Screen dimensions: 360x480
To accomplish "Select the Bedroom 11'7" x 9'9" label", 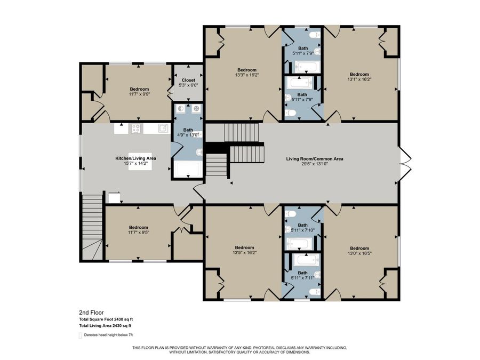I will tap(139, 92).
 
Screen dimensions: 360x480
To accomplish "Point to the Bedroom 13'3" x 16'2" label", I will tap(247, 73).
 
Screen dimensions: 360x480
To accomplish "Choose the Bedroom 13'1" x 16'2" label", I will tap(359, 76).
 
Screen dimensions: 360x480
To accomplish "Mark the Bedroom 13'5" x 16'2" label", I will tap(245, 250).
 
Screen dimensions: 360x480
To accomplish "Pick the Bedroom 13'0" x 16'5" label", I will tap(359, 251).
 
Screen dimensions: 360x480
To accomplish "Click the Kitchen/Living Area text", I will tap(135, 161).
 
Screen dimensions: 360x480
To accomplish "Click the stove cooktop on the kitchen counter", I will tap(135, 128).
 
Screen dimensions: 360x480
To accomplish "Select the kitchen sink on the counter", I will tap(162, 128).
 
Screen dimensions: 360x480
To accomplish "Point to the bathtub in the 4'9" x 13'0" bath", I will tap(188, 170).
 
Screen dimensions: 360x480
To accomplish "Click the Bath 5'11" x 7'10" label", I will tap(303, 228).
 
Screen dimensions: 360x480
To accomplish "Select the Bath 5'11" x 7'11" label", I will tap(303, 275).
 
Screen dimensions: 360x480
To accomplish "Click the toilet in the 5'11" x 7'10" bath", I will tap(290, 214).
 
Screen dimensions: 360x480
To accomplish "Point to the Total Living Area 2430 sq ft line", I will tap(105, 325).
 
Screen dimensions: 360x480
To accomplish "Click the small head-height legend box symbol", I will tap(81, 335).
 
